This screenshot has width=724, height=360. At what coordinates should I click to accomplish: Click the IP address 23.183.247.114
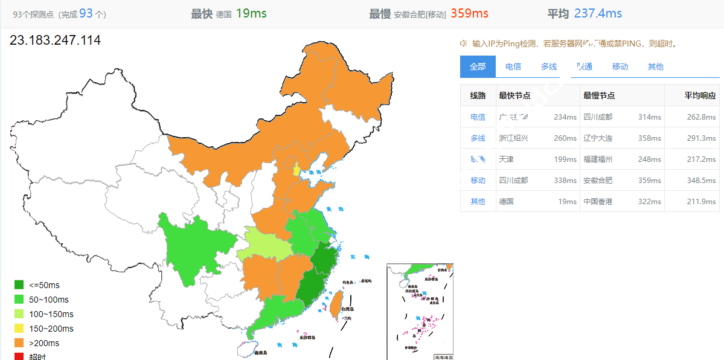click(x=55, y=40)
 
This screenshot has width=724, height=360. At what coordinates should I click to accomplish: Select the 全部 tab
click(x=478, y=66)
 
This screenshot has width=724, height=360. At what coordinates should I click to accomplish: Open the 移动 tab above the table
click(x=620, y=66)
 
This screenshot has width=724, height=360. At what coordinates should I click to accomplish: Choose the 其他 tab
click(x=655, y=66)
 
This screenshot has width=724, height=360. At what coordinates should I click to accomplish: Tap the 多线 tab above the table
click(x=548, y=66)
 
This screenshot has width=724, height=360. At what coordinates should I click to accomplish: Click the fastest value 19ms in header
click(x=251, y=13)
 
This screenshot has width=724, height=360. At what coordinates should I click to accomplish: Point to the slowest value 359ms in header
click(x=469, y=13)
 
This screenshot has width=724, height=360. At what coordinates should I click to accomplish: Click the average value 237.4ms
click(x=598, y=13)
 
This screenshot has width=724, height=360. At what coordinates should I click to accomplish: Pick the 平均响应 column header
click(x=700, y=95)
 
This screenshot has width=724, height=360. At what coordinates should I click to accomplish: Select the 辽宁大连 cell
click(x=598, y=138)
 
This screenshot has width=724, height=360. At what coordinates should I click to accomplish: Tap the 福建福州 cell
click(x=598, y=159)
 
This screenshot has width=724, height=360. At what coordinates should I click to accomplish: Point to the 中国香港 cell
click(x=598, y=202)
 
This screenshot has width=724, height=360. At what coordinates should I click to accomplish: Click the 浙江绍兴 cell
click(x=513, y=138)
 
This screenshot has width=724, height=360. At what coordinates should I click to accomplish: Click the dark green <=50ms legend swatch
click(x=19, y=285)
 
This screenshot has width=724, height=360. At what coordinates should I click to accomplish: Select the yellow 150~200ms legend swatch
click(x=19, y=329)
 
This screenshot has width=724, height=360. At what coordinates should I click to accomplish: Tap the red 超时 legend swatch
click(x=19, y=356)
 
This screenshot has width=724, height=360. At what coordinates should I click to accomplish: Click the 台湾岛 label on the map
click(x=346, y=309)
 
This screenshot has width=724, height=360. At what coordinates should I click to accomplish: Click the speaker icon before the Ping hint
click(x=464, y=43)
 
